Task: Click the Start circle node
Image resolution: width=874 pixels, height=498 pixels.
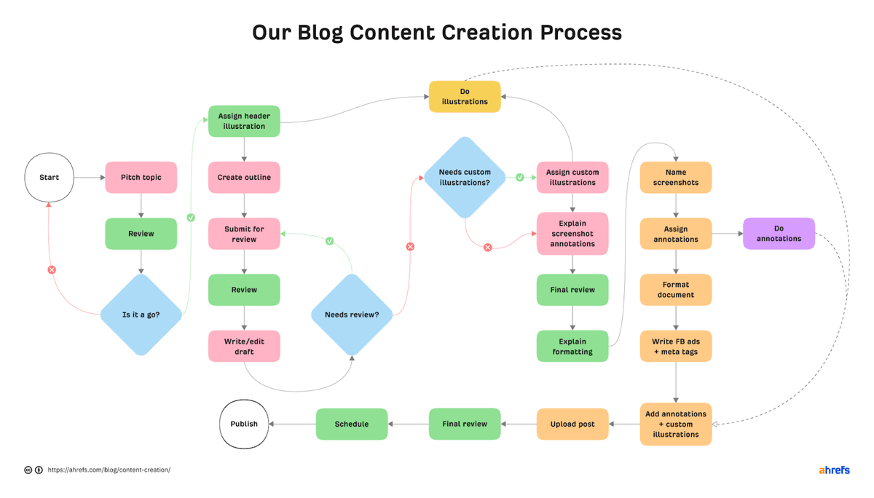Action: point(50,177)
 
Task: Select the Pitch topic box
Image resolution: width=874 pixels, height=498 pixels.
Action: point(141,177)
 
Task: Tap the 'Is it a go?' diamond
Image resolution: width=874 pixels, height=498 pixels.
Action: point(141,315)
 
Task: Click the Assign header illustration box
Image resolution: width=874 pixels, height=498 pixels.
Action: point(244,122)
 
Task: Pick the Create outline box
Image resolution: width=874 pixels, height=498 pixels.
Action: point(244,177)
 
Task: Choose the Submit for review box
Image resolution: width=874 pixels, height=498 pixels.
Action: point(244,234)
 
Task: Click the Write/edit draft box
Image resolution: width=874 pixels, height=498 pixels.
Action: point(244,347)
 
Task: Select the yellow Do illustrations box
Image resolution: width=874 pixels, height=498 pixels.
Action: point(465,97)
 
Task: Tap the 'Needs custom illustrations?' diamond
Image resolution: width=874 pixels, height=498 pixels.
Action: point(465,177)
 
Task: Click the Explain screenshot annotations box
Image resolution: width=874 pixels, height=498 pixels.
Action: point(572,234)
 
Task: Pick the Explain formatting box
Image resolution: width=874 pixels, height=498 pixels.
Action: point(572,347)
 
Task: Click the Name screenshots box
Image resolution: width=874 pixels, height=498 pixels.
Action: point(676,177)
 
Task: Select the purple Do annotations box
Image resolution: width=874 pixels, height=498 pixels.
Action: point(779,234)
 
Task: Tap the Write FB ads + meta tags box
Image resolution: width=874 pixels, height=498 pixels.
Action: point(676,347)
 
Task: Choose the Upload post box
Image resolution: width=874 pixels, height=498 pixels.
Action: point(572,424)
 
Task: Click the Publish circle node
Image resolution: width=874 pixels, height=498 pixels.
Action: point(244,424)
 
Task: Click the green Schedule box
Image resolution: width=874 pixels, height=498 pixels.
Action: point(351,424)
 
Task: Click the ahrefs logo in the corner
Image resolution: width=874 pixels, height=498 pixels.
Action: point(833,470)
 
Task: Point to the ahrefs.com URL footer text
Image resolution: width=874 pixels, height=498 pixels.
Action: point(109,470)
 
